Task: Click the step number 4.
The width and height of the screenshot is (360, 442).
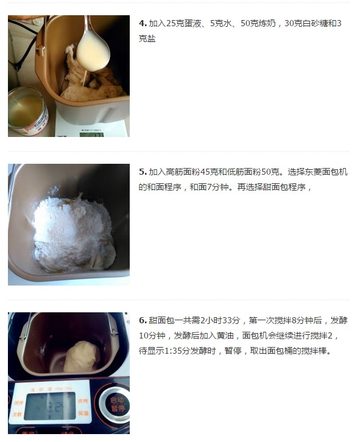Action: tap(143, 23)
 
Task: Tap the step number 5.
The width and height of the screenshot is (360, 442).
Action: tap(143, 172)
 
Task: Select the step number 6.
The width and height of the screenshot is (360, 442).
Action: tap(143, 320)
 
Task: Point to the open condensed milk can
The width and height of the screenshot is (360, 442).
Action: tap(27, 111)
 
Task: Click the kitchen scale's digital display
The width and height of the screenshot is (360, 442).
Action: tap(91, 134)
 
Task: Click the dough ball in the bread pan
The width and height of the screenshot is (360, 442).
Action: tap(82, 357)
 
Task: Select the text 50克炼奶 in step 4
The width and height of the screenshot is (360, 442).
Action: tap(258, 23)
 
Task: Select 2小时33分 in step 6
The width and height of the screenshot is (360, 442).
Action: tap(220, 320)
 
